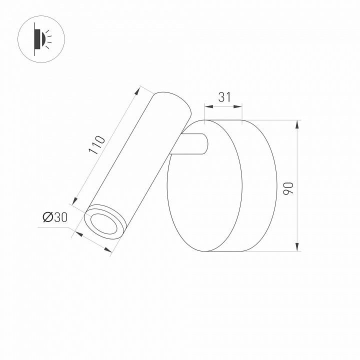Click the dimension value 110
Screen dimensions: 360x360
(x=96, y=144)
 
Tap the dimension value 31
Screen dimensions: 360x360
(x=224, y=97)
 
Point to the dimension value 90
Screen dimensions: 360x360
(x=287, y=188)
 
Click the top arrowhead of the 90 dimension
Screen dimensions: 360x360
(x=297, y=124)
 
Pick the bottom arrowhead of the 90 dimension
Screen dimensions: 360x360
(x=297, y=246)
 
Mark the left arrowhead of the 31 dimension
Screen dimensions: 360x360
(x=208, y=106)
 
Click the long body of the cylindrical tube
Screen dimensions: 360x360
(x=137, y=160)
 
